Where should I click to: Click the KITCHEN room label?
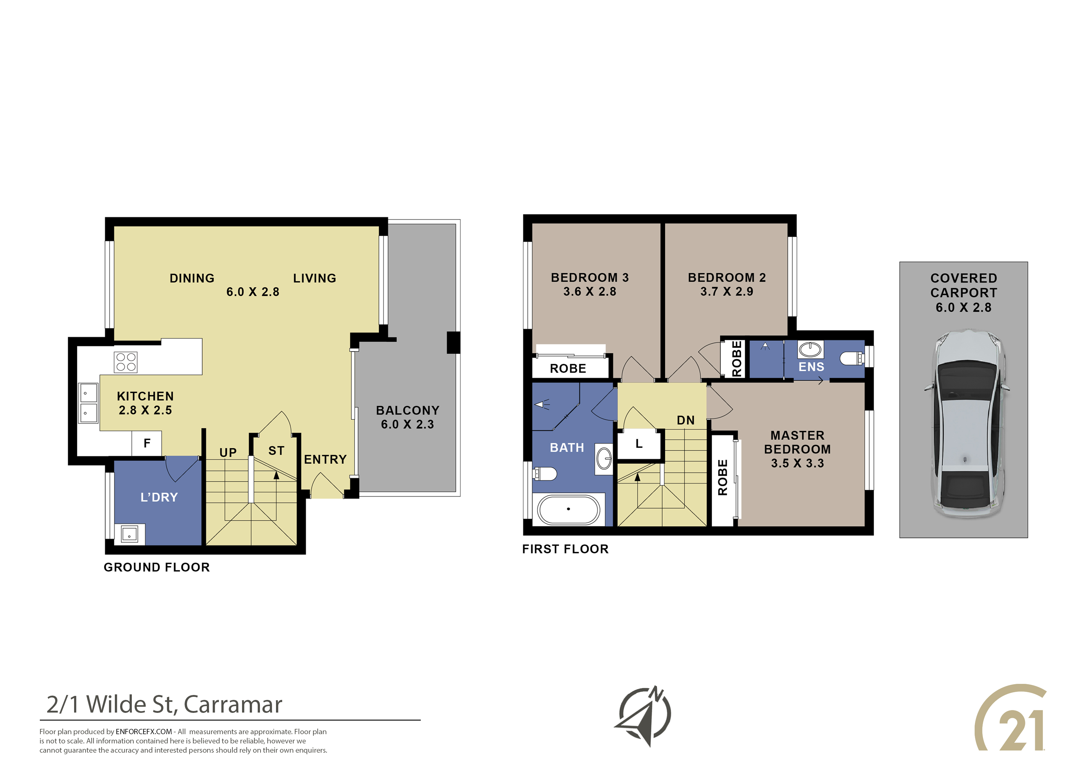[145, 396]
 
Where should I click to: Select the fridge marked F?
[147, 443]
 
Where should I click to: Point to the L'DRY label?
[159, 497]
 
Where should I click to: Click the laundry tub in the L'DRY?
[129, 534]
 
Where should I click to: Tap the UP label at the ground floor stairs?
[228, 453]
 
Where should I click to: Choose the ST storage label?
[276, 451]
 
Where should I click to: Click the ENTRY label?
[325, 460]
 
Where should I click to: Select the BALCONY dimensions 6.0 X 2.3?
[408, 424]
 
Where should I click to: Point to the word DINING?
[192, 279]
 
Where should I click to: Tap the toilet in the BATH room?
[545, 473]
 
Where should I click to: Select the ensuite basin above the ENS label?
[810, 350]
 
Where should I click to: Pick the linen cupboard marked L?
[639, 444]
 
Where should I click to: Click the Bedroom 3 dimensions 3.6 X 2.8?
[590, 292]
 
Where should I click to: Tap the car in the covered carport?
[965, 424]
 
